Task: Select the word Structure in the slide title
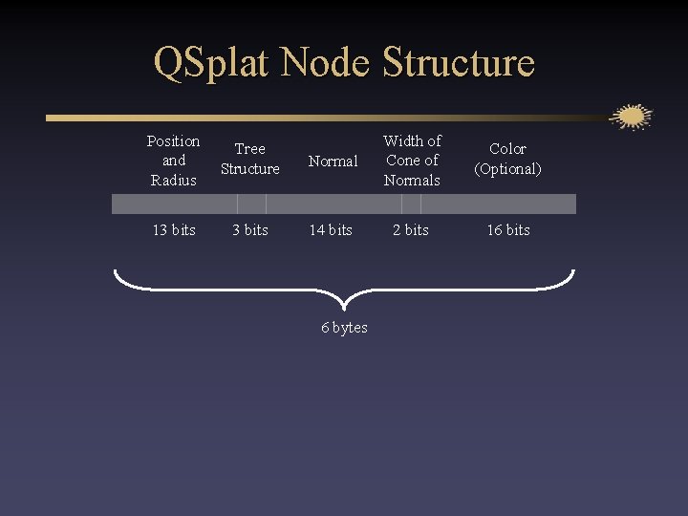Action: point(458,63)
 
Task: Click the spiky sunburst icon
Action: point(631,118)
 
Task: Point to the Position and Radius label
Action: point(173,161)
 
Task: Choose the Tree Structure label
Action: point(249,159)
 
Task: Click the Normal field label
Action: point(333,161)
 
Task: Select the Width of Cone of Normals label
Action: point(412,161)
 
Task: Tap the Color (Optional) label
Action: point(507,159)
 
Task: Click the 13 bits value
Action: point(173,230)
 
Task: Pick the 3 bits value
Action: point(249,230)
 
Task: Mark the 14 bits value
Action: point(330,230)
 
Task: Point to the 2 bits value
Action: point(412,230)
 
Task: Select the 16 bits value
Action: point(507,230)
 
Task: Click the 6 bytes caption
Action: point(344,328)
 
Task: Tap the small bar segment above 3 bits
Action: point(251,204)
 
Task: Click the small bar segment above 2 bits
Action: point(411,204)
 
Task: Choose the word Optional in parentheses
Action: point(508,169)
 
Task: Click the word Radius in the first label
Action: point(173,181)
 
